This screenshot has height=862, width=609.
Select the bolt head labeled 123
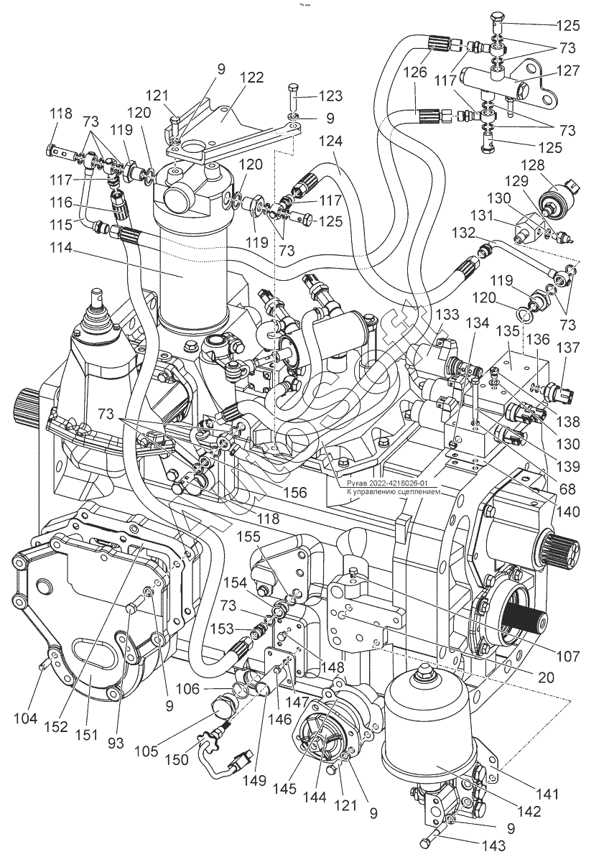[293, 92]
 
